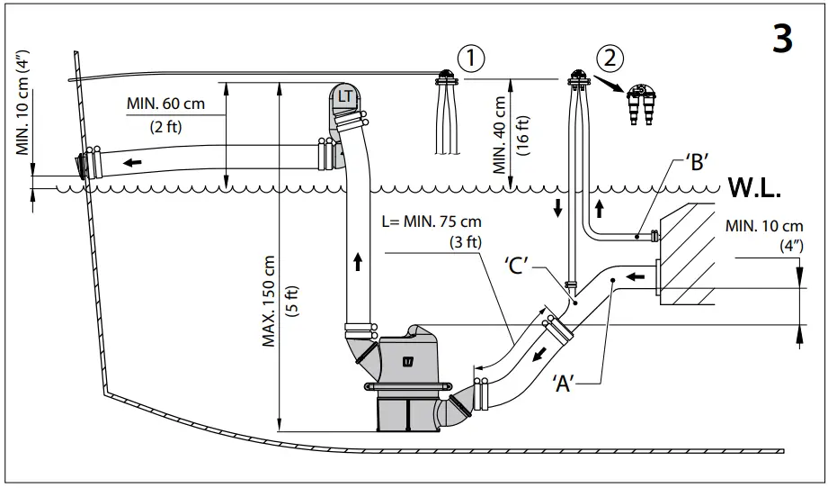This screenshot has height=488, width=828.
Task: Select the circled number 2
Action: [610, 59]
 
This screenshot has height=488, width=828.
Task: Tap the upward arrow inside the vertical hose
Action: [358, 262]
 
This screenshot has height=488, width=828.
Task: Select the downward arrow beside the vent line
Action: [557, 208]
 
